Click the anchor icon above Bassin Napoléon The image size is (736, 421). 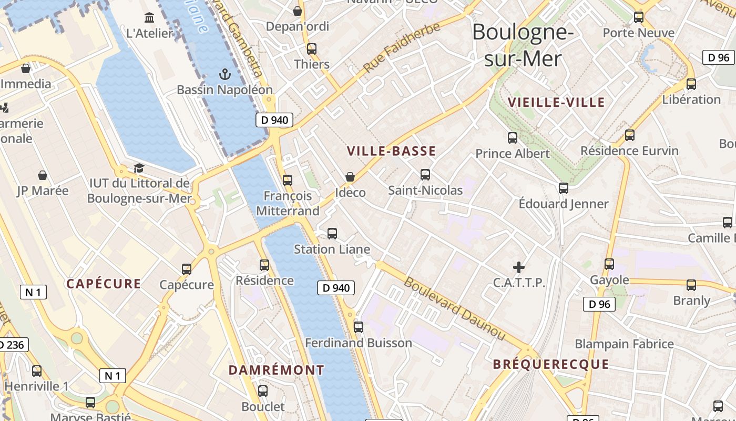225,74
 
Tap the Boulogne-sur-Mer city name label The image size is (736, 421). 523,45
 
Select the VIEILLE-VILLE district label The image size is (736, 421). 556,102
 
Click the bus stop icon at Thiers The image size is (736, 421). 312,49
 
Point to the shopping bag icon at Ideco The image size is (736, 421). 350,177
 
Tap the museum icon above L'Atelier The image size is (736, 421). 149,18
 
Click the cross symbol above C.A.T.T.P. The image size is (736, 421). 519,267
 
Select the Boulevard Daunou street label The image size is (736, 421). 454,308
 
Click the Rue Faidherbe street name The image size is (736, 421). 402,48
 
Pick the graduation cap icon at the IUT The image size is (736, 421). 139,168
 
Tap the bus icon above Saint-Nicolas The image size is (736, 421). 425,175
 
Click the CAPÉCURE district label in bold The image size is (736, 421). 104,284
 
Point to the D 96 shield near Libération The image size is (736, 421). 718,57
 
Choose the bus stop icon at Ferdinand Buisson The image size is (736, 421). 359,327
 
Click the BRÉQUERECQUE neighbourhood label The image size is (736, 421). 551,364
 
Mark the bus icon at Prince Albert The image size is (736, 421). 513,138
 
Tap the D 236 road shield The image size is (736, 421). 12,345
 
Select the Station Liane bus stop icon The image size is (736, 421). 332,233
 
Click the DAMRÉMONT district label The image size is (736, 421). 277,370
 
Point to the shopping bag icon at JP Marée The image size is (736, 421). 43,175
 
